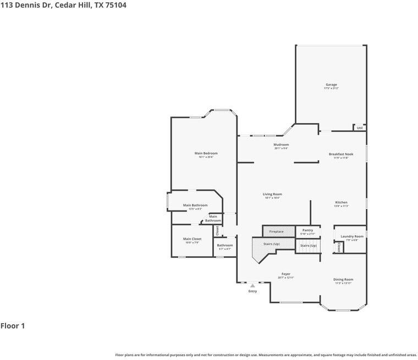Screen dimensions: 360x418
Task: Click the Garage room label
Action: click(x=331, y=85)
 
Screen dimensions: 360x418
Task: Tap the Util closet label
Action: click(x=360, y=128)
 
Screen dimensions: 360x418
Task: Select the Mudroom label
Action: click(x=281, y=145)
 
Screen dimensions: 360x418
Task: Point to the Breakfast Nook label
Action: click(x=341, y=154)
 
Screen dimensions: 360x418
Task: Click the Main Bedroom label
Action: click(x=206, y=153)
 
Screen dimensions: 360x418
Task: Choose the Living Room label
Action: click(x=272, y=194)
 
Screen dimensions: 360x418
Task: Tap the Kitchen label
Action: click(x=341, y=202)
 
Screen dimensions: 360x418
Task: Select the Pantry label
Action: click(x=307, y=230)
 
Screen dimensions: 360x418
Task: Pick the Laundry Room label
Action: click(x=352, y=236)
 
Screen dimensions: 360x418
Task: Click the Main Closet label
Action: click(x=193, y=239)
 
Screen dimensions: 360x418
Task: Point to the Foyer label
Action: click(x=286, y=274)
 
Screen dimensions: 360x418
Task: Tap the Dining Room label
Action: click(x=343, y=280)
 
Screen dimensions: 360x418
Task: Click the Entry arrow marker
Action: click(x=252, y=286)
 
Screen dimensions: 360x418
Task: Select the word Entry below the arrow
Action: click(x=252, y=291)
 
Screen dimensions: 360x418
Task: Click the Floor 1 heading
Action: click(x=13, y=326)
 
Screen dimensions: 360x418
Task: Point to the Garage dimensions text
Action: click(x=331, y=88)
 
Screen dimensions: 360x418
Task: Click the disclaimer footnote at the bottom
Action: click(x=266, y=355)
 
